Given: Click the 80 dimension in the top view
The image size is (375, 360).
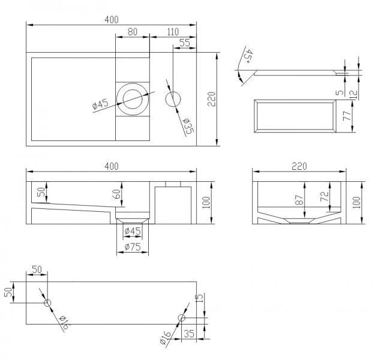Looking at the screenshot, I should (x=133, y=31).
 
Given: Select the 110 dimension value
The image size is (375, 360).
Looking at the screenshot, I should (x=172, y=31).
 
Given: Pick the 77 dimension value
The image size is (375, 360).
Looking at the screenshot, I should (x=347, y=116).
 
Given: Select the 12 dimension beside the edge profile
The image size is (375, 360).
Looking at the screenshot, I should (x=356, y=94).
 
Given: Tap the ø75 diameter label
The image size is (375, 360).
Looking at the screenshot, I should (x=132, y=246).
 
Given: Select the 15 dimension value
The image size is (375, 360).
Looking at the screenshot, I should (x=200, y=298).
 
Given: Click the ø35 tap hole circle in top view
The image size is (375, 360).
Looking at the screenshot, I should (x=173, y=100).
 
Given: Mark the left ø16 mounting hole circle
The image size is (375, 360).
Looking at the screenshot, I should (x=47, y=304).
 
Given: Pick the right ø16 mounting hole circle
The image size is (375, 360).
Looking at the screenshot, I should (x=182, y=318).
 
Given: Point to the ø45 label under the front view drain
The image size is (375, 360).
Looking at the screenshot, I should (x=132, y=231).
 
